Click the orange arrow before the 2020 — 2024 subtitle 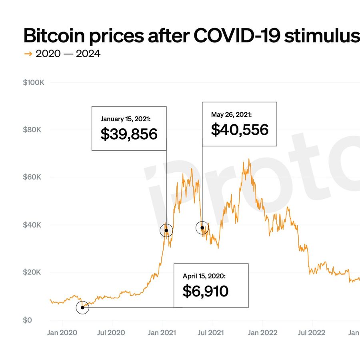click(28, 54)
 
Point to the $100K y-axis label click(34, 83)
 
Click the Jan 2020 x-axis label click(62, 332)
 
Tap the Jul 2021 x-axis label click(211, 332)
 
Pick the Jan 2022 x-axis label click(263, 332)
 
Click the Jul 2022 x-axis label click(312, 332)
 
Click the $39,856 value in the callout click(129, 134)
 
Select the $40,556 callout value click(239, 130)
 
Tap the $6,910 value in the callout click(205, 291)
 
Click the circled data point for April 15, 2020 click(82, 308)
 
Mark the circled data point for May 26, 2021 click(202, 228)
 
